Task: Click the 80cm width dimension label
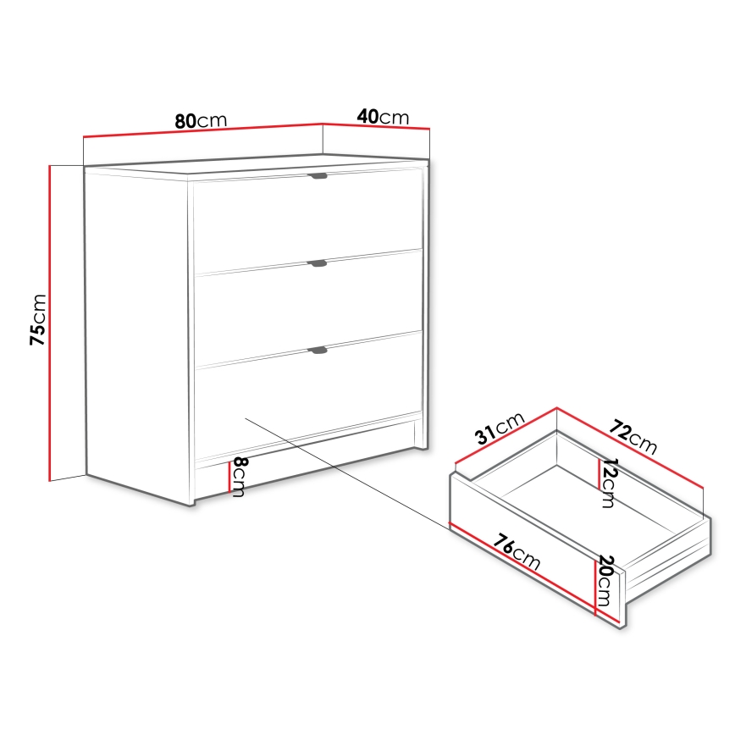click(202, 120)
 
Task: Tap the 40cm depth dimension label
click(383, 117)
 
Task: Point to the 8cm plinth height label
click(240, 477)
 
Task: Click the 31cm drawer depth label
click(500, 430)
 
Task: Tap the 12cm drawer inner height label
click(607, 484)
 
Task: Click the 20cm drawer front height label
click(606, 577)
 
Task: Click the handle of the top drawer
click(318, 176)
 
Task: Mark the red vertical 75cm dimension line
click(51, 322)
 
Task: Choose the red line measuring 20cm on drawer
click(596, 584)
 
